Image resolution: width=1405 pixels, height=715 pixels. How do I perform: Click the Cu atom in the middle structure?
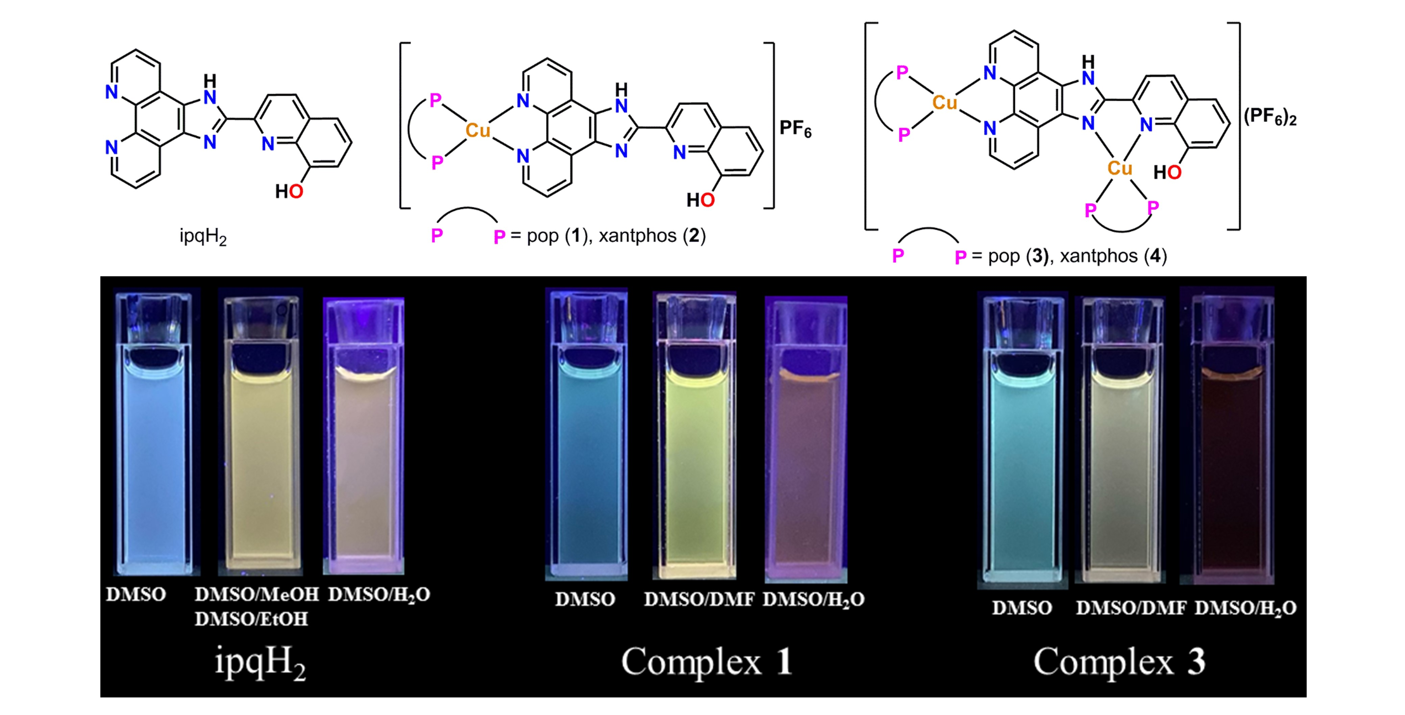pyautogui.click(x=478, y=131)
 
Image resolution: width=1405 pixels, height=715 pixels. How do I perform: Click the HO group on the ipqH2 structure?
pyautogui.click(x=289, y=191)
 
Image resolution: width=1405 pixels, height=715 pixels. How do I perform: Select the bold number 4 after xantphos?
pyautogui.click(x=1155, y=256)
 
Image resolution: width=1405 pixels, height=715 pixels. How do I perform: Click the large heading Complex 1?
pyautogui.click(x=706, y=662)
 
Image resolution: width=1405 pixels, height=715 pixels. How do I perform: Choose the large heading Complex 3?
pyautogui.click(x=1119, y=662)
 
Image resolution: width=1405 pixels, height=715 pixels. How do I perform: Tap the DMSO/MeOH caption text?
pyautogui.click(x=257, y=594)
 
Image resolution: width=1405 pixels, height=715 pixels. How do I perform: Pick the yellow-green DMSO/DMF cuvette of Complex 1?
pyautogui.click(x=694, y=463)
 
